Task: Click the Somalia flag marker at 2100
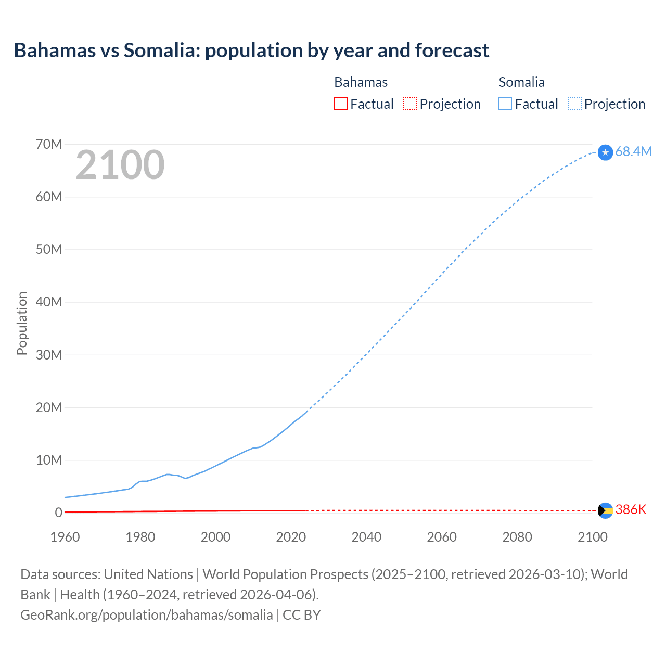[605, 152]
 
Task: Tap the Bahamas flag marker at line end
[605, 510]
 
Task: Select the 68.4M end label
[633, 151]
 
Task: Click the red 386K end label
[631, 510]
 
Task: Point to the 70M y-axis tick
[49, 144]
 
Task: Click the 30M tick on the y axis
[49, 355]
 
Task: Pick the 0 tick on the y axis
[58, 513]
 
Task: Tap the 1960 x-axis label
[65, 537]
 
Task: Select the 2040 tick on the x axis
[366, 537]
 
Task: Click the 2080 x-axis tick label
[517, 537]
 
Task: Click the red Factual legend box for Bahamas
[340, 104]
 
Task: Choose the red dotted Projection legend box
[410, 104]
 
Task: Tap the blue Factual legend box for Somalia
[505, 104]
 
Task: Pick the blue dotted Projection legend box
[575, 104]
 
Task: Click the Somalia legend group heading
[521, 82]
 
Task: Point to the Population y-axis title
[22, 323]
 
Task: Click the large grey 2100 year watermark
[120, 165]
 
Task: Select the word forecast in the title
[452, 50]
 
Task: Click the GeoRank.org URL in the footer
[146, 614]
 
